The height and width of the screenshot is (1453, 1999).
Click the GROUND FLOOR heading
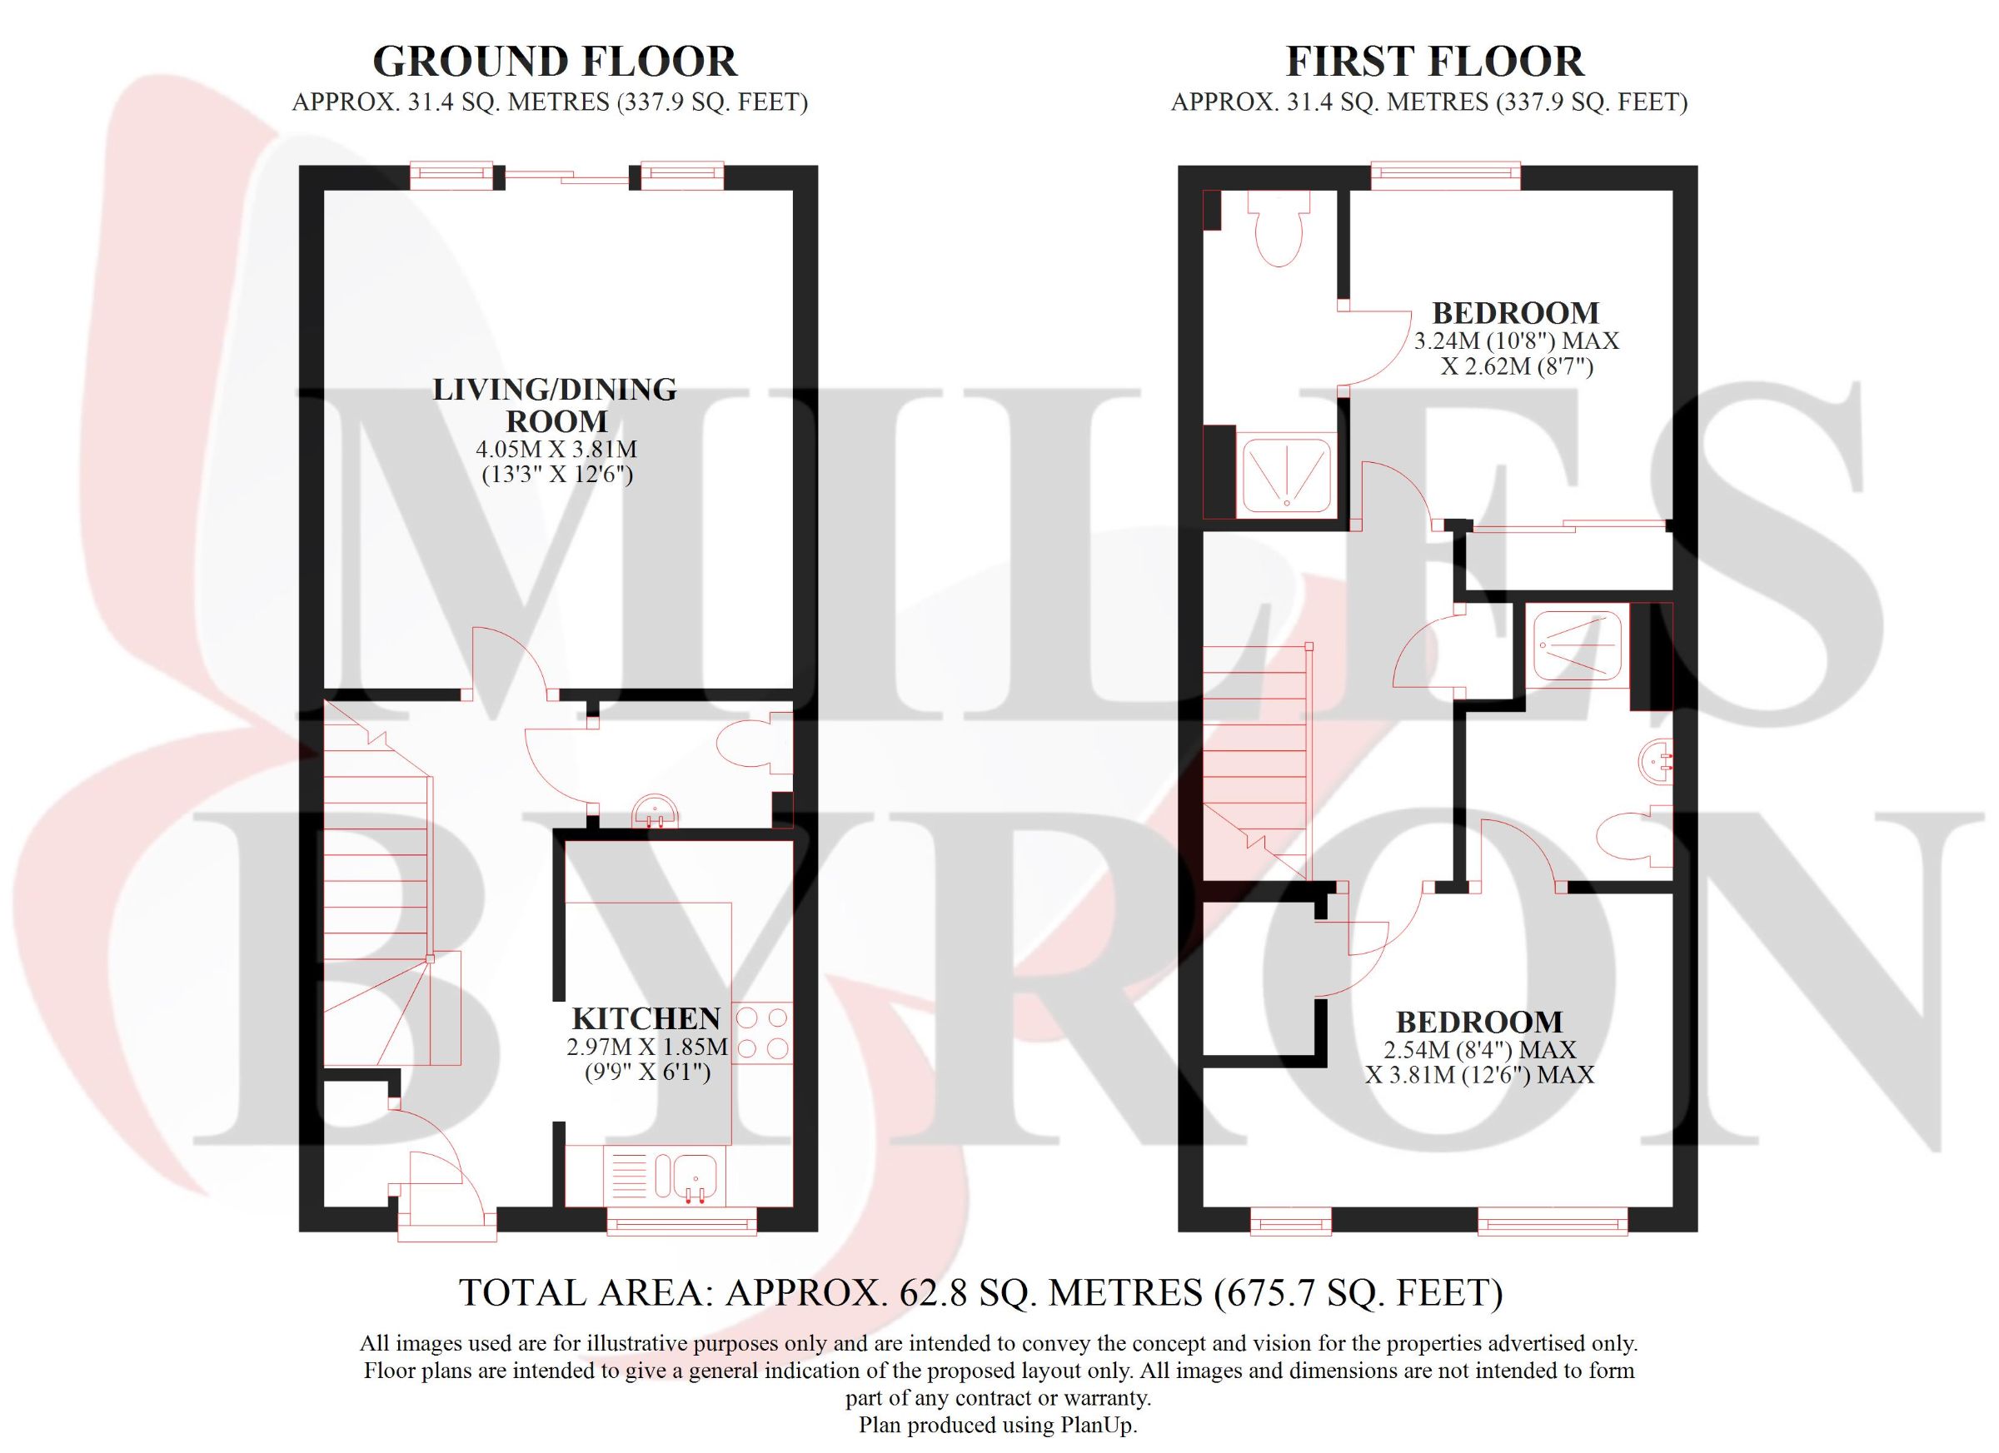pyautogui.click(x=556, y=62)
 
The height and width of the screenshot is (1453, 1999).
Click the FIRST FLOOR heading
pyautogui.click(x=1435, y=62)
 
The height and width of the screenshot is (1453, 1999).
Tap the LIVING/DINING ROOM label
pyautogui.click(x=555, y=405)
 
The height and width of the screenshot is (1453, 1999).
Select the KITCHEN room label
pyautogui.click(x=646, y=1018)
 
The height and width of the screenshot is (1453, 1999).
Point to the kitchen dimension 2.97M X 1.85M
pyautogui.click(x=647, y=1047)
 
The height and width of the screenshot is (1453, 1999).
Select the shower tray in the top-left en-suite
pyautogui.click(x=1286, y=475)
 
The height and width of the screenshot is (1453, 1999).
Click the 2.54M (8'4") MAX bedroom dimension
pyautogui.click(x=1480, y=1050)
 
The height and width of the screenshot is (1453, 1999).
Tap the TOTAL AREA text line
pyautogui.click(x=981, y=1292)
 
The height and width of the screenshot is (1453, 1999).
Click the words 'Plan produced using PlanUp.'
pyautogui.click(x=998, y=1425)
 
